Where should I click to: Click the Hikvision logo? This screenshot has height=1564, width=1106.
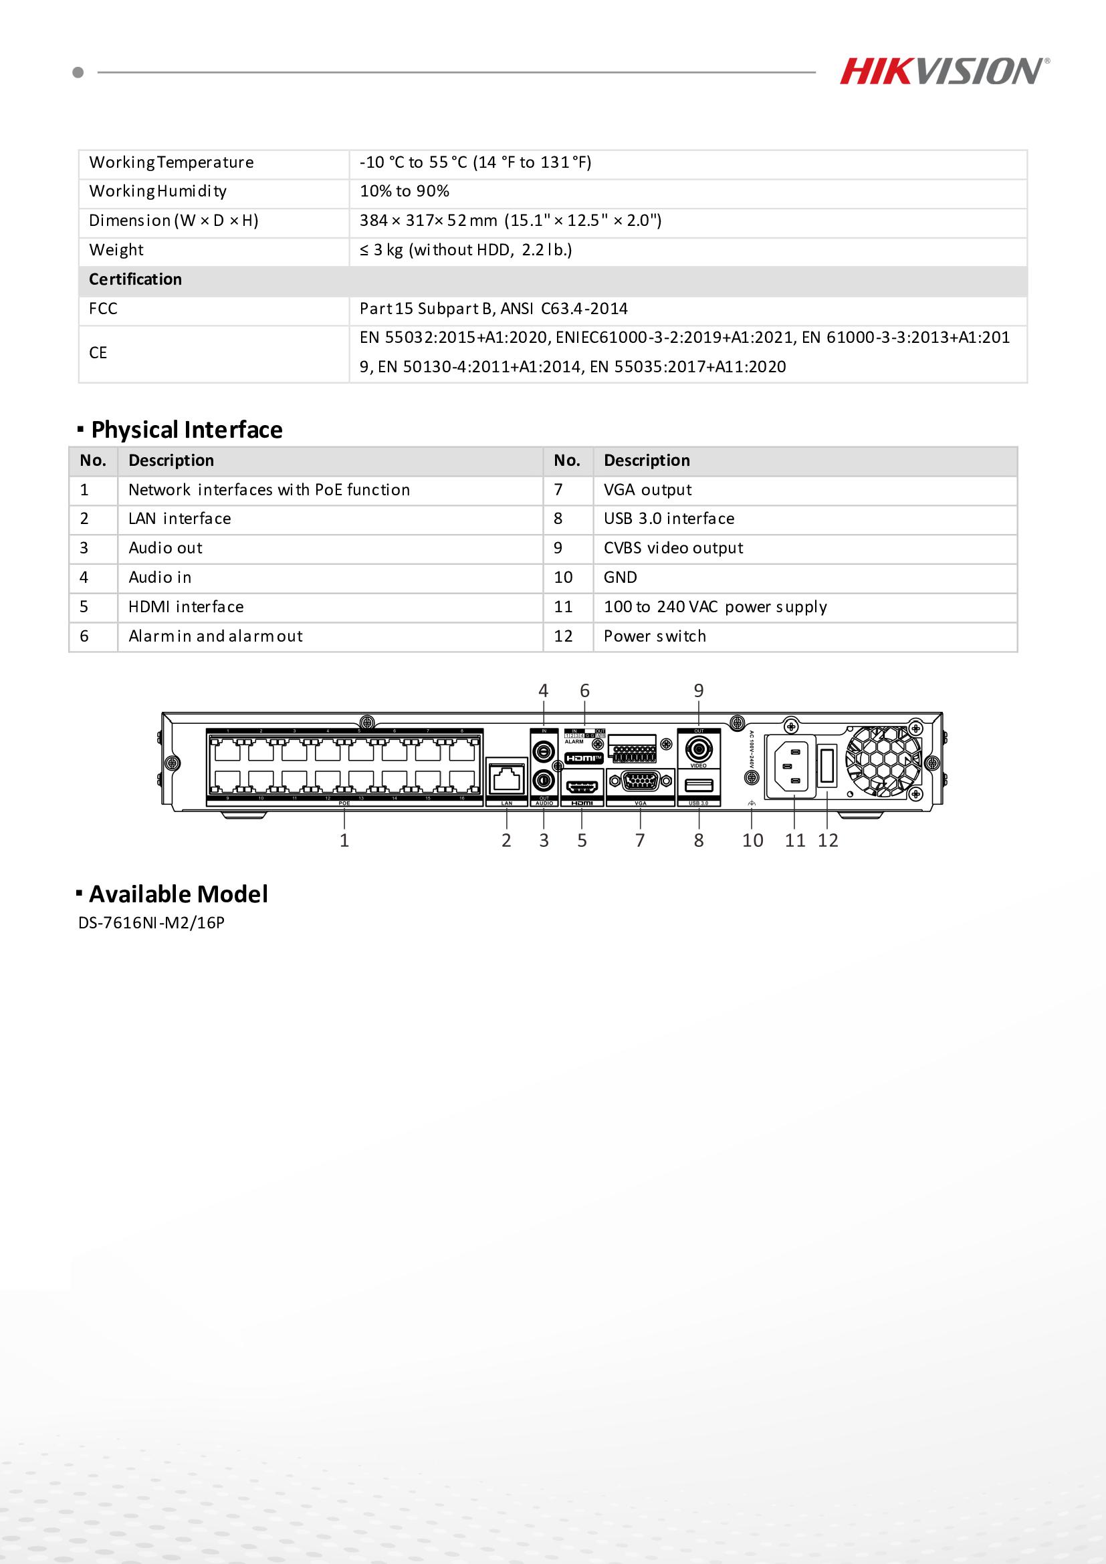944,72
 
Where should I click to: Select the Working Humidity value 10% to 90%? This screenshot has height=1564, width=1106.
404,191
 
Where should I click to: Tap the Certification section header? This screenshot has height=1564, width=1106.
136,279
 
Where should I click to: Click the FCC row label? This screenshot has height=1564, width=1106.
103,309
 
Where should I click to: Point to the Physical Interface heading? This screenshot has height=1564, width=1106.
186,430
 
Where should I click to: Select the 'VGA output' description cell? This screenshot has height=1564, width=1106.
647,490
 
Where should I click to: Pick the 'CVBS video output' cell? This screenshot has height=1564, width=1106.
673,548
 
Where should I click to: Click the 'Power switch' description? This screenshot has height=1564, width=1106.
655,636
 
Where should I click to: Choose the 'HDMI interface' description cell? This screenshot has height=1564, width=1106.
185,607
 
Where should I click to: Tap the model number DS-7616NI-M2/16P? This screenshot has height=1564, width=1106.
151,923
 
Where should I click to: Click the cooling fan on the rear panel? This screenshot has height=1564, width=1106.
883,761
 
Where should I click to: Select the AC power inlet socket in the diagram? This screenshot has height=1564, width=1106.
790,766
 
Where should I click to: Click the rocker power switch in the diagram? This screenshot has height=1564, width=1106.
826,766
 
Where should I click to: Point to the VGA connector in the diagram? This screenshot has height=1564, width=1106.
641,782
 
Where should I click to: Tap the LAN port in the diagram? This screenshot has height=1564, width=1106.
507,778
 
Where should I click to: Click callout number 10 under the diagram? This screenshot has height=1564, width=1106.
752,841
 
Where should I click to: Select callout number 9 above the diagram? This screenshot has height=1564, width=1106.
699,690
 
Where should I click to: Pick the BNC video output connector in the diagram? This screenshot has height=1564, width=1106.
699,750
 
